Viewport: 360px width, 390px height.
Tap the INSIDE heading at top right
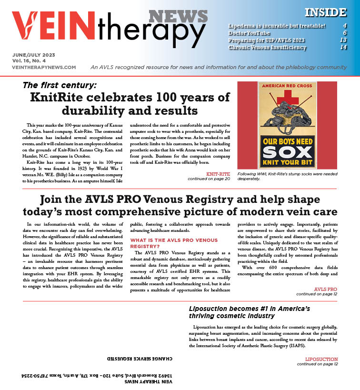point(325,12)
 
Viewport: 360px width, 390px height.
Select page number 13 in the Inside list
point(343,40)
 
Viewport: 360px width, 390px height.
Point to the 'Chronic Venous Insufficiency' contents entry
point(267,47)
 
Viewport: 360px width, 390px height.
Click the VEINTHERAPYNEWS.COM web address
point(44,68)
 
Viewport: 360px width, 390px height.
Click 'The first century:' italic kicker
point(60,86)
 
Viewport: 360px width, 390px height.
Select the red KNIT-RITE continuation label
point(218,174)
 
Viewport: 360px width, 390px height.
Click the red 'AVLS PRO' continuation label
point(325,289)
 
